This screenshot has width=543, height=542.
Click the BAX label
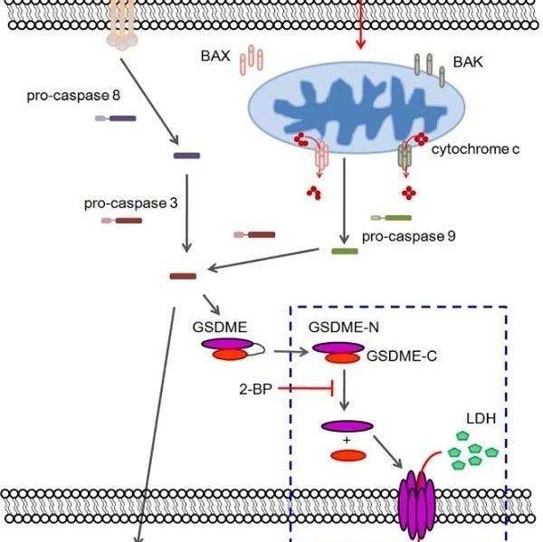(x=216, y=55)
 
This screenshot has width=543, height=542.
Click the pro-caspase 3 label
(x=130, y=204)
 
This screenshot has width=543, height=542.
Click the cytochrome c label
(x=475, y=147)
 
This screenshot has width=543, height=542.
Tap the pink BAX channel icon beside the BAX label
(x=252, y=60)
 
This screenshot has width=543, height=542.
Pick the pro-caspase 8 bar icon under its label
(x=116, y=117)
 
